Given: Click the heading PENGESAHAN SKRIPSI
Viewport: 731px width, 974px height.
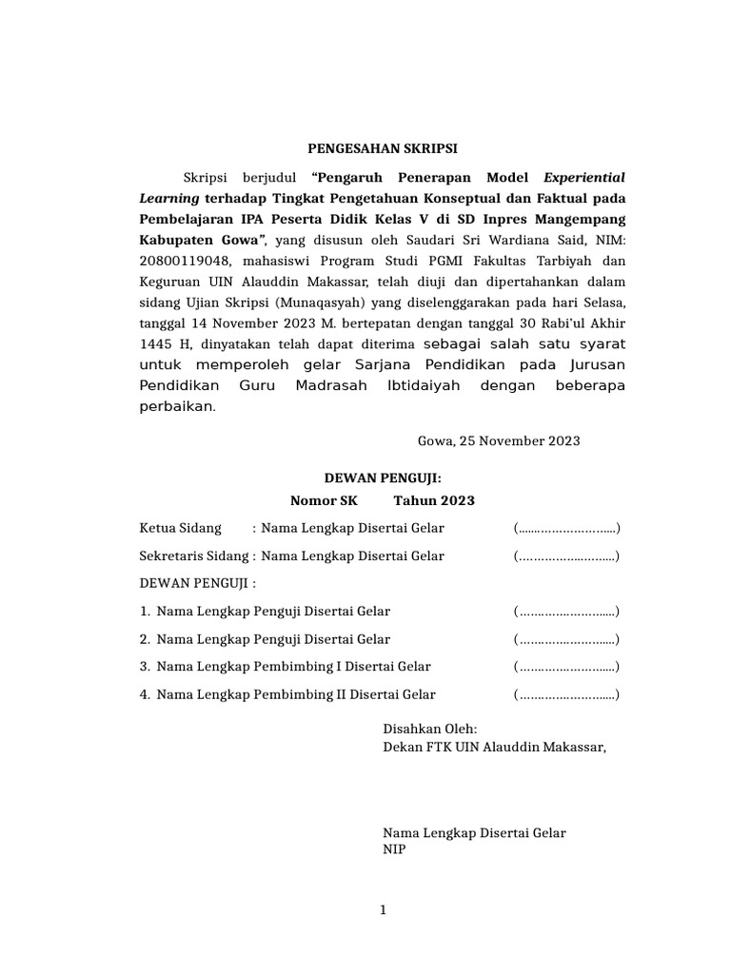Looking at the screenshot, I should pyautogui.click(x=382, y=149).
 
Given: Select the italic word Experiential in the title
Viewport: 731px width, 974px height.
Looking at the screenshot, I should pyautogui.click(x=584, y=177).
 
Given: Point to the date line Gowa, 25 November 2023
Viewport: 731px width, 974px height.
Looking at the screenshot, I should pyautogui.click(x=499, y=441).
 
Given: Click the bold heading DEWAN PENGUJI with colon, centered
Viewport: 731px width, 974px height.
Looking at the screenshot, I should pyautogui.click(x=382, y=481).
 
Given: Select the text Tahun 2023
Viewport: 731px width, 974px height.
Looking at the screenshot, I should pyautogui.click(x=435, y=501).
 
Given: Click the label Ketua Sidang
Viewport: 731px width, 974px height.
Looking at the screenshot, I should pyautogui.click(x=180, y=529).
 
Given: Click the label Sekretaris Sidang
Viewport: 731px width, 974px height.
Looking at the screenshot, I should pyautogui.click(x=192, y=556).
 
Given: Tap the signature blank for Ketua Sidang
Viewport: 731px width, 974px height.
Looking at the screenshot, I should pyautogui.click(x=566, y=529).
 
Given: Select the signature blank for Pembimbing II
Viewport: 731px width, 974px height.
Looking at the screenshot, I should pyautogui.click(x=566, y=695).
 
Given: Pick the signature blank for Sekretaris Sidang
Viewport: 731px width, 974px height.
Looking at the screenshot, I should pyautogui.click(x=566, y=556).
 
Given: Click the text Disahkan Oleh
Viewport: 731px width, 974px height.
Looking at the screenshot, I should pyautogui.click(x=423, y=729).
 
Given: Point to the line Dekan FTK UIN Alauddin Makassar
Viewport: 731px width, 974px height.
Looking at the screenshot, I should pyautogui.click(x=493, y=747).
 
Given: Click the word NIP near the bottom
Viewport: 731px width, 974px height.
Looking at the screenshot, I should pyautogui.click(x=393, y=849).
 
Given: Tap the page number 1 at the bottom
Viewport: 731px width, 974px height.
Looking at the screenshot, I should pyautogui.click(x=383, y=910).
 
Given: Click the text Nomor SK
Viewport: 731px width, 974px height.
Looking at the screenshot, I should pyautogui.click(x=320, y=501).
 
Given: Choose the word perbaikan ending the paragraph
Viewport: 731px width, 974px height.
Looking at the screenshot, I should pyautogui.click(x=177, y=406).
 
